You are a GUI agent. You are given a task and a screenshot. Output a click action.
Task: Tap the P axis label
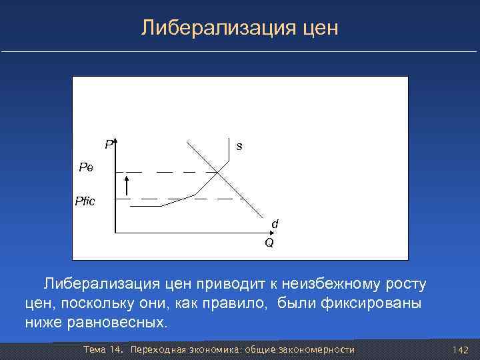(x=108, y=143)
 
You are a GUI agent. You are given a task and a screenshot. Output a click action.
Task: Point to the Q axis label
(x=269, y=243)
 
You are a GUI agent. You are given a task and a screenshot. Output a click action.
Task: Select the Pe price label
(x=86, y=167)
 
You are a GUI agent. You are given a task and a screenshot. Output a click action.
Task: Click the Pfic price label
(x=85, y=201)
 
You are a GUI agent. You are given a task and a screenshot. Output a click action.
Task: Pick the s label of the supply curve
(x=239, y=146)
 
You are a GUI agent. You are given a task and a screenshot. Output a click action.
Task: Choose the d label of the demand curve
(x=274, y=225)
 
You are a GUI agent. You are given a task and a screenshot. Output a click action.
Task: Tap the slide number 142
(x=460, y=350)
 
